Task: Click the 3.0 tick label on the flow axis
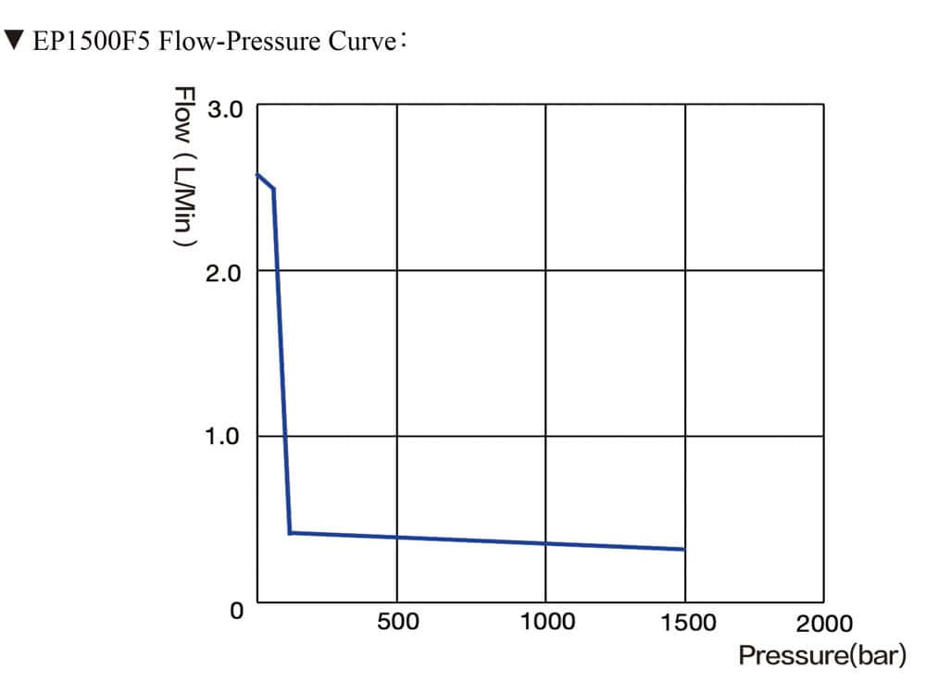click(x=223, y=109)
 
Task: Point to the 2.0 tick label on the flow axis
click(x=223, y=273)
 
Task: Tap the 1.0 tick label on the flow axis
click(x=223, y=436)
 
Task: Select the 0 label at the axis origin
click(x=237, y=611)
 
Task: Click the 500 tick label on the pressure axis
click(x=397, y=623)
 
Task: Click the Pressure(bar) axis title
click(x=821, y=656)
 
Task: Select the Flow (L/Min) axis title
click(x=184, y=166)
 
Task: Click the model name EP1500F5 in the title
click(x=94, y=43)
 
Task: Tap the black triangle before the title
click(x=14, y=42)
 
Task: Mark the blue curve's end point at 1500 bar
click(x=684, y=550)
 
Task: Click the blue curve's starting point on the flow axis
click(x=257, y=174)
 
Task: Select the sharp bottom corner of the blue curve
click(x=290, y=533)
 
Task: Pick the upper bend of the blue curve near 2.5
click(x=273, y=189)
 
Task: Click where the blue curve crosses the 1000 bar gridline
click(x=545, y=543)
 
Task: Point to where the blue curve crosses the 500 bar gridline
click(x=397, y=537)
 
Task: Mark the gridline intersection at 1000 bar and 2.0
click(x=545, y=270)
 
